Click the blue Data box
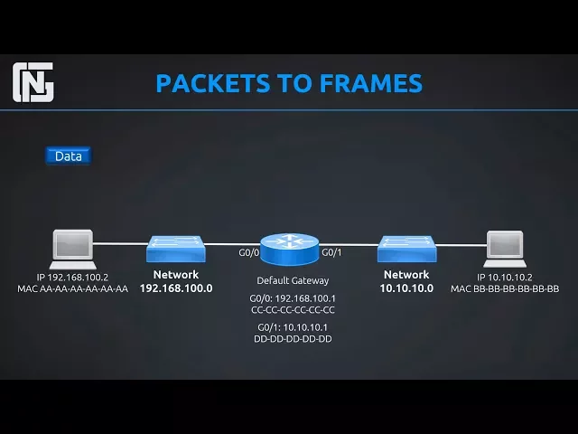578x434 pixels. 68,156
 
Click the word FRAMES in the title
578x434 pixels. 370,83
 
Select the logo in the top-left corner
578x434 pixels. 34,83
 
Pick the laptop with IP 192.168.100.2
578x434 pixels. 73,247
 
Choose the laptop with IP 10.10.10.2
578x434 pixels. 505,247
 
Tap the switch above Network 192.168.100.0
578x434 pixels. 176,246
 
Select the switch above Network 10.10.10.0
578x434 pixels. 406,246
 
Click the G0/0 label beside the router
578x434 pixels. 248,252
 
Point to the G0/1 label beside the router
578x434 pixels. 331,252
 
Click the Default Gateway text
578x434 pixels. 293,280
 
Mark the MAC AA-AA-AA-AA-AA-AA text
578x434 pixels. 73,289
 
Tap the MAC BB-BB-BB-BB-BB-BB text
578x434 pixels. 505,289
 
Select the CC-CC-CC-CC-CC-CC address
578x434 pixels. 293,309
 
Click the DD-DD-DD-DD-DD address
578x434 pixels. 293,338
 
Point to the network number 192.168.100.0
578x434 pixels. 176,288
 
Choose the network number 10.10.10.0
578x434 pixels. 406,288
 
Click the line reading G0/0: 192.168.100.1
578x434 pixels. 293,297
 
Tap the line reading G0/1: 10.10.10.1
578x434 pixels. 293,326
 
